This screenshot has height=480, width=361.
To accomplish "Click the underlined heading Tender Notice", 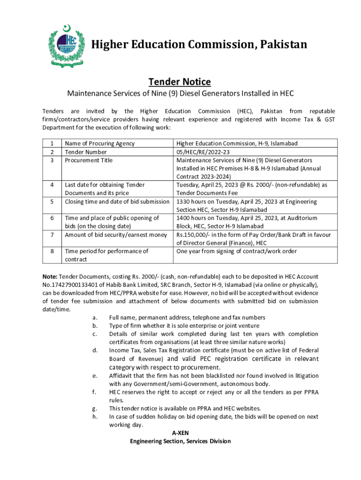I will tap(180, 82).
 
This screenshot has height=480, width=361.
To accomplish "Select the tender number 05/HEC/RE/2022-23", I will tap(203, 152).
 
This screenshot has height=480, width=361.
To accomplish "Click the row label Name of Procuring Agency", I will tap(99, 143).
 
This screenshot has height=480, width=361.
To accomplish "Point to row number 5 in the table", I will tap(52, 202).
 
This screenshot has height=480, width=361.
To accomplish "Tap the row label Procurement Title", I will tap(89, 160).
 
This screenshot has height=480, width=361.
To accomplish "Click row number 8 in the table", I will tap(52, 251).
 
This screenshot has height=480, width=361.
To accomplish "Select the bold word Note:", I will tap(50, 277).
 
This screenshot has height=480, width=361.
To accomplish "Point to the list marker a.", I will tap(95, 318).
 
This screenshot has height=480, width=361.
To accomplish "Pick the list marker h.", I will tap(95, 416).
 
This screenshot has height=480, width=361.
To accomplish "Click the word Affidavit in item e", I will tap(122, 375).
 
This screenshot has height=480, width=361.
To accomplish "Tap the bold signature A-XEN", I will tap(180, 433).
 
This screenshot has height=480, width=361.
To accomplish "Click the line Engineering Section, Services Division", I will tap(180, 441).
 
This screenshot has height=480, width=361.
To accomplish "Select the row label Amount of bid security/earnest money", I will tap(116, 235).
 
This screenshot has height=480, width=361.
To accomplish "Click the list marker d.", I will tap(95, 350).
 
